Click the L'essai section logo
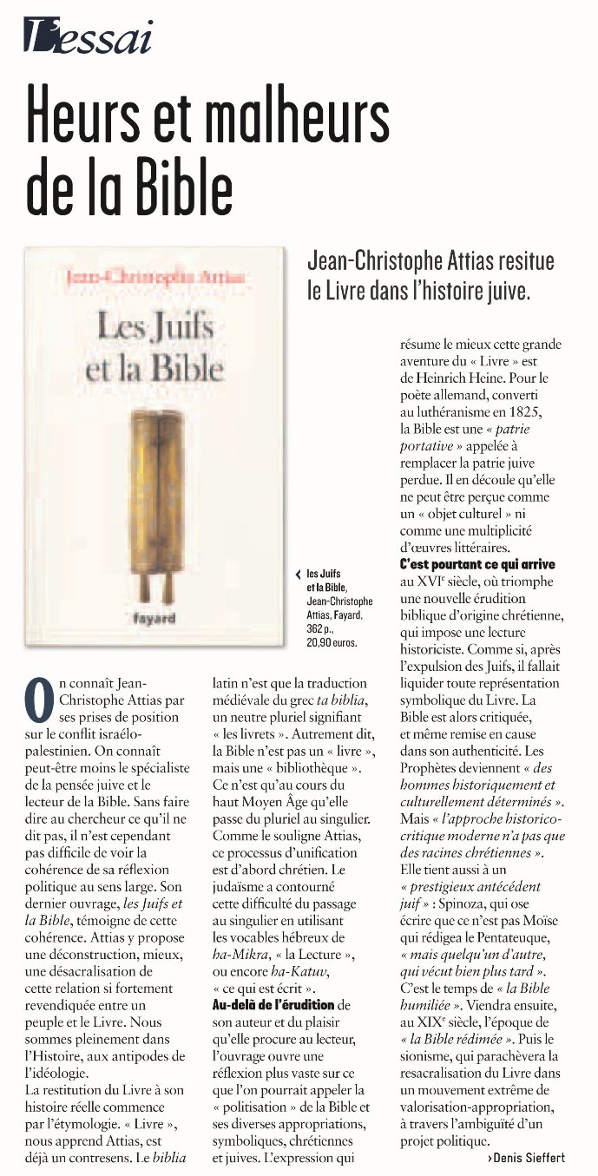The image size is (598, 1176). (x=88, y=37)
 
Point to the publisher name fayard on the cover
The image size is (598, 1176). (x=154, y=618)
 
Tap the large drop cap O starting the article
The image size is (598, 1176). (x=39, y=700)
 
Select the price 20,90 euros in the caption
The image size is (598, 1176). (x=332, y=643)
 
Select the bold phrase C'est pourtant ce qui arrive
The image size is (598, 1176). (x=477, y=564)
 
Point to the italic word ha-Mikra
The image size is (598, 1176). (x=240, y=955)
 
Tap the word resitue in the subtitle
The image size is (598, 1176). (x=521, y=260)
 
